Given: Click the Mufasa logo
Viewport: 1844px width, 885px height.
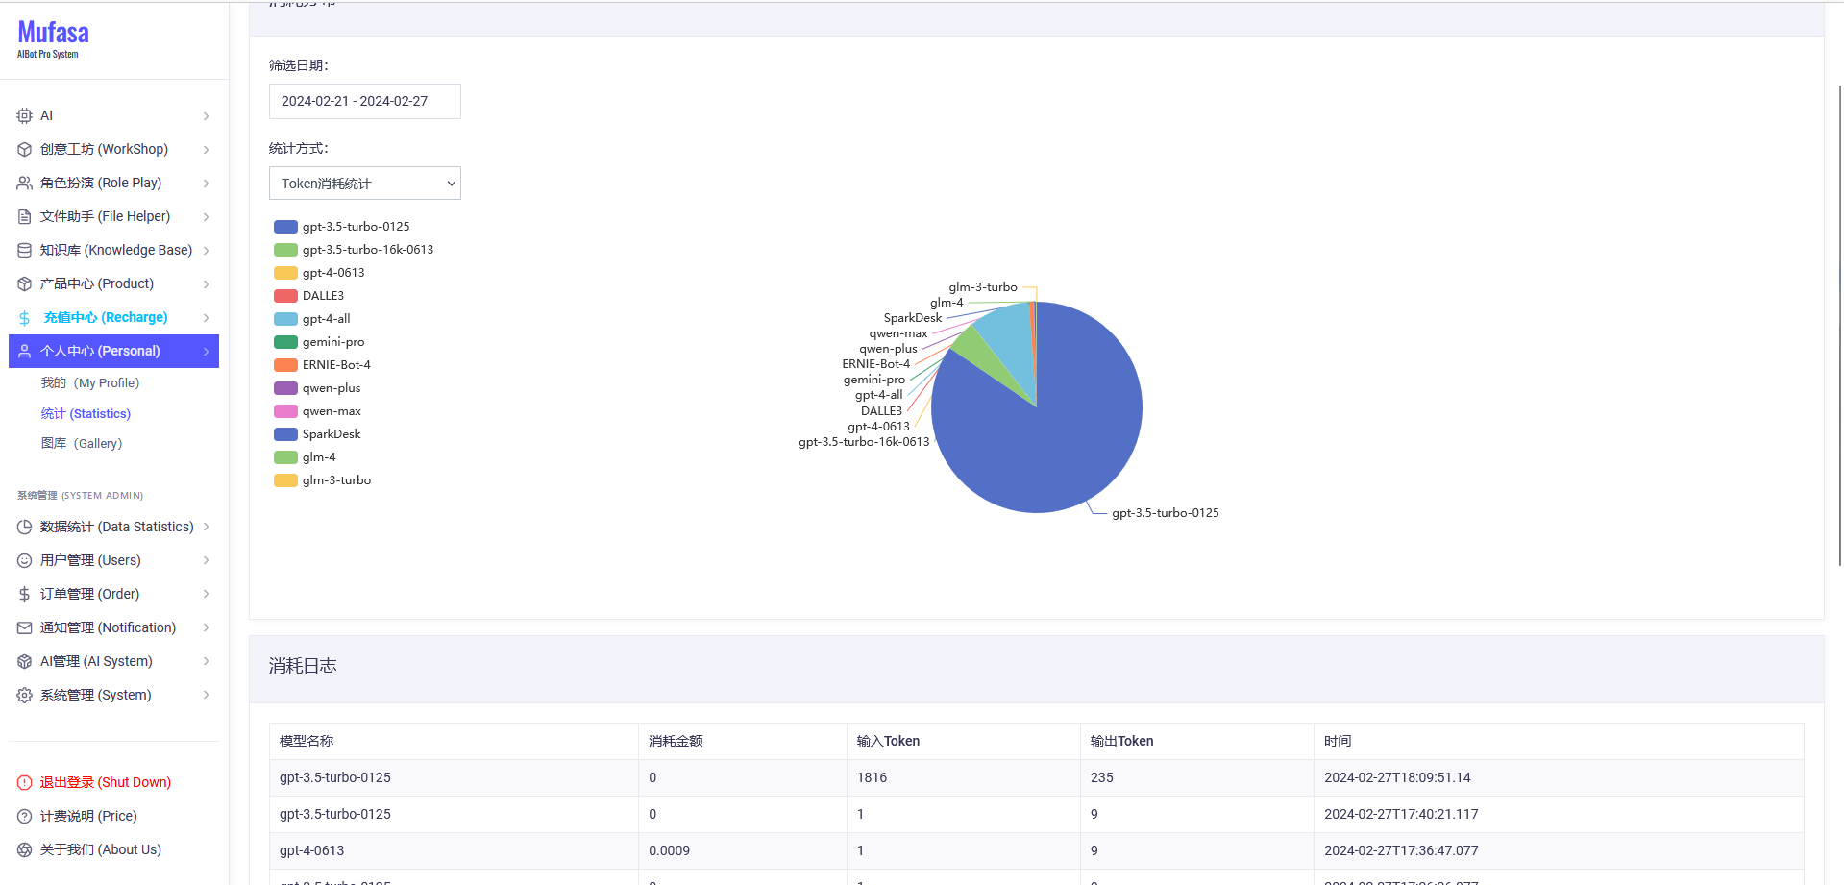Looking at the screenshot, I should [x=53, y=38].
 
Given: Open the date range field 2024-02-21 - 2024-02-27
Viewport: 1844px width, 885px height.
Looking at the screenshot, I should [x=364, y=101].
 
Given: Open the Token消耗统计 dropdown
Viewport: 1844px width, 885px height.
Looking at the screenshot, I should [x=364, y=184].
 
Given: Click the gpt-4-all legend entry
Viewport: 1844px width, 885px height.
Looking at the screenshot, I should [x=326, y=319].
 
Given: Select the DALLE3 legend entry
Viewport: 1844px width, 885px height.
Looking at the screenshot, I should [x=323, y=296].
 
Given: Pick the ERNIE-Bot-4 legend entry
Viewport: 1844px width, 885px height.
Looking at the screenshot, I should [x=335, y=365].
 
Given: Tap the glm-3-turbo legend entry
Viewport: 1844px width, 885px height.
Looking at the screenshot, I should [x=336, y=480].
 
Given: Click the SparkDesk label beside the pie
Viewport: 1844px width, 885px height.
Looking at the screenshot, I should [x=912, y=318].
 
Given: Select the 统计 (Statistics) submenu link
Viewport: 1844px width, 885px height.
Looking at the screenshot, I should [x=86, y=413].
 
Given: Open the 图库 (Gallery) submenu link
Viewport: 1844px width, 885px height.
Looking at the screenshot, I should [x=82, y=443].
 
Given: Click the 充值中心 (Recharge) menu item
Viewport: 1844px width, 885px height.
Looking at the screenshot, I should [x=106, y=317].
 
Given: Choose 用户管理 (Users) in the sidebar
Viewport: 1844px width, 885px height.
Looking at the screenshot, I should [x=90, y=560].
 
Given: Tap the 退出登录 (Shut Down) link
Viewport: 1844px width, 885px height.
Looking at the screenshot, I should [x=105, y=782].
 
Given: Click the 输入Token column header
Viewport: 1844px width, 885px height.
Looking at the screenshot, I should [x=888, y=741].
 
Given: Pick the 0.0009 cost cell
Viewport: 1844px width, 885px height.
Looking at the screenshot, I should [x=669, y=850].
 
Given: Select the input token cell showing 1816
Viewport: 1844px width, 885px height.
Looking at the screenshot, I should [x=872, y=777].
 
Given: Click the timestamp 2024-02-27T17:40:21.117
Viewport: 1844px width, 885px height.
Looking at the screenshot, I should [x=1401, y=814].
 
